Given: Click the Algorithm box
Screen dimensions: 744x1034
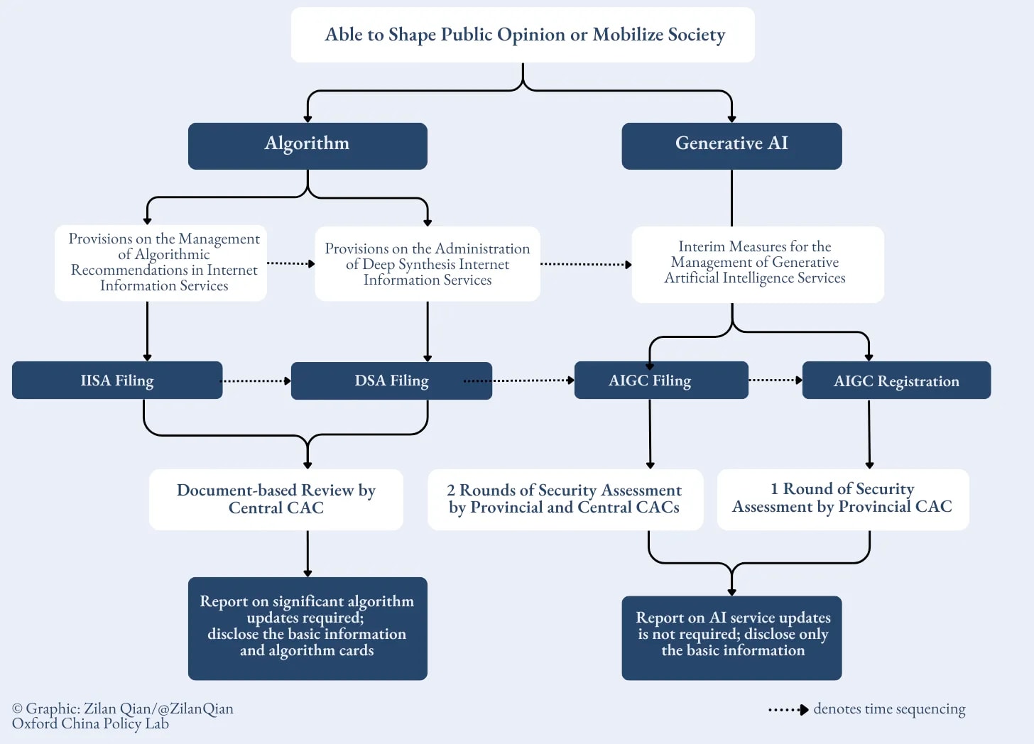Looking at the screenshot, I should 308,146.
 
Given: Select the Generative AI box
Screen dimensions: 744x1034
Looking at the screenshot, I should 731,146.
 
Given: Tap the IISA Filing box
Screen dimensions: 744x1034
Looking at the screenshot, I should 117,381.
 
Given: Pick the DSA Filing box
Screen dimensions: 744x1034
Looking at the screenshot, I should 391,381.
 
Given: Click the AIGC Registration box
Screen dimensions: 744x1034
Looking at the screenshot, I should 896,381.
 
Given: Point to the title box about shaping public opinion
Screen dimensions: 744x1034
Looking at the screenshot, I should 523,35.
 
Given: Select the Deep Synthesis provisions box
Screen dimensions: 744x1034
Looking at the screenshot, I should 428,264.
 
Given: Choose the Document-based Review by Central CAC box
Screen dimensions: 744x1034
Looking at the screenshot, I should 276,499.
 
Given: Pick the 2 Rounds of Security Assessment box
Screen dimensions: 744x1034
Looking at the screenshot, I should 565,499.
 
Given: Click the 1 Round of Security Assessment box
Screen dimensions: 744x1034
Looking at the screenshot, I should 843,499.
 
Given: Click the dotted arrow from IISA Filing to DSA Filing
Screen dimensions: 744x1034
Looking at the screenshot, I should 256,381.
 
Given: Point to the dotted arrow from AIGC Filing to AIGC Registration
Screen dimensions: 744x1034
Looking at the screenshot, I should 775,381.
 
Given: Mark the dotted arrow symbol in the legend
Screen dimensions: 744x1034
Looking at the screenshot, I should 788,710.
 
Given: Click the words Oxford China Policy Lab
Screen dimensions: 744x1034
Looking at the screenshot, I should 91,724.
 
